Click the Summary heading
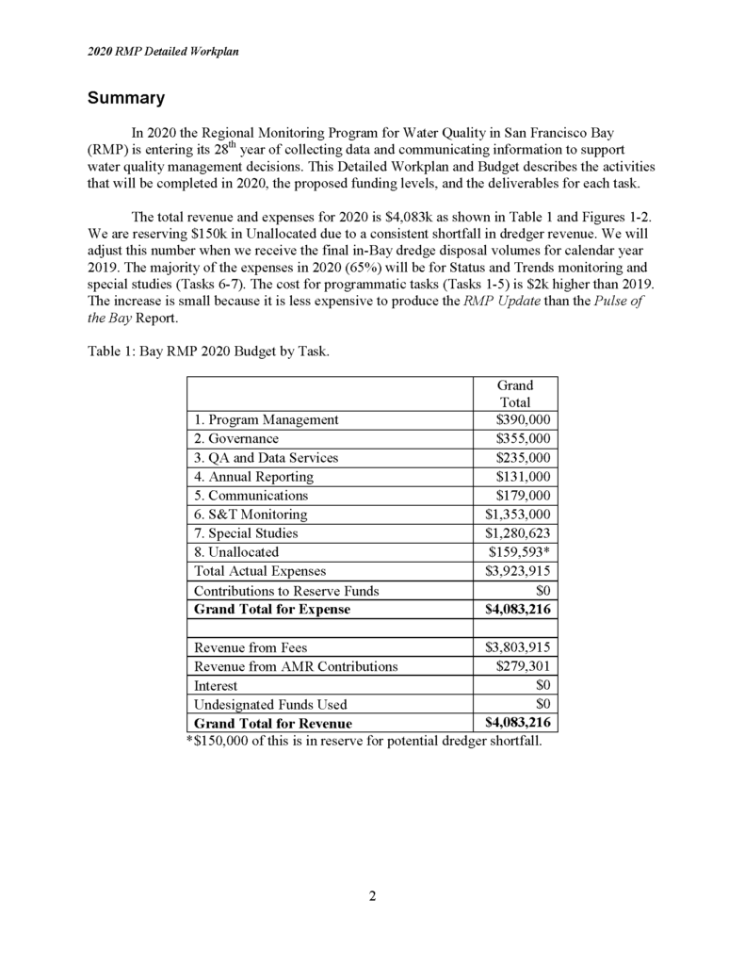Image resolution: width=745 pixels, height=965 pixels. point(126,98)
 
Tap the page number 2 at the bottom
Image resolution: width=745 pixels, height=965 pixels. point(372,896)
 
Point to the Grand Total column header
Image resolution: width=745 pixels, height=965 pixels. point(515,394)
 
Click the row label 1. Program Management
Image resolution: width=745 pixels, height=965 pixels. point(266,419)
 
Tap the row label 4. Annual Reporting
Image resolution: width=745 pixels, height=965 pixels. point(253,477)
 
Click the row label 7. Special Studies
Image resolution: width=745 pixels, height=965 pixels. point(248,533)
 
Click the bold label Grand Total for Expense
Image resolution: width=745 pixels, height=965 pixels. point(271,610)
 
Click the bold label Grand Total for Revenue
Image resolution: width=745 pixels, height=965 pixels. point(272,724)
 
